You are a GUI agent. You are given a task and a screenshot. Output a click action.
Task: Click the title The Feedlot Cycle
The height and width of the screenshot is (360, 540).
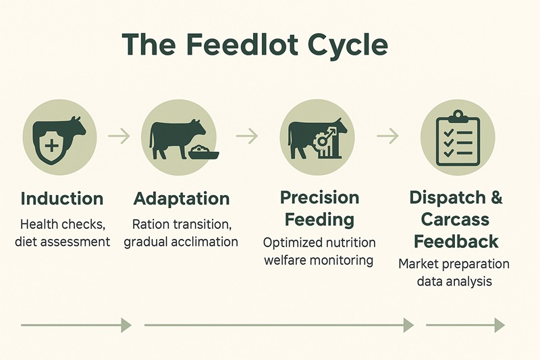[x=255, y=45]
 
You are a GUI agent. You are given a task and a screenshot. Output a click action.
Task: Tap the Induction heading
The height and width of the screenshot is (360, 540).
[x=62, y=199]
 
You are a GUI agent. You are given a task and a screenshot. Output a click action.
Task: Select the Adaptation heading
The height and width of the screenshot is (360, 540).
[x=182, y=199]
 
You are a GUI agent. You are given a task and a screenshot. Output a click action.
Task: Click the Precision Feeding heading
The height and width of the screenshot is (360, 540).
[x=319, y=208]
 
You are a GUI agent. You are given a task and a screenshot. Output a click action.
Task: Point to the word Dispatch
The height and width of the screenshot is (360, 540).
[x=448, y=199]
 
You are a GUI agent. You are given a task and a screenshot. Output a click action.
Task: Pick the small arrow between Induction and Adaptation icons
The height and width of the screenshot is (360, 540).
[x=119, y=136]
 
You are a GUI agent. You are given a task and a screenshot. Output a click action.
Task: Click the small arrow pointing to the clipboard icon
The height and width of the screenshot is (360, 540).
[x=387, y=136]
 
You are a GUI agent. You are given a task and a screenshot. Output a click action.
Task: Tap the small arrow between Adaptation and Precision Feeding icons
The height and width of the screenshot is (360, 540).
[x=247, y=136]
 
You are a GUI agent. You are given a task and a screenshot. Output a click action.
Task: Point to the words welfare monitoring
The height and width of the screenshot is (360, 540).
[x=319, y=261]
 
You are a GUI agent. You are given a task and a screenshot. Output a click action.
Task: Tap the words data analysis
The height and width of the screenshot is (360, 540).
[x=454, y=281]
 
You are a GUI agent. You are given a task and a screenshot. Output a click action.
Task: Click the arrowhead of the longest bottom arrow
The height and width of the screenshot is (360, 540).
[x=408, y=326]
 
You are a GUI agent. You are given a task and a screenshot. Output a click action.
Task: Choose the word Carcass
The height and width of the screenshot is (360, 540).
[x=456, y=220]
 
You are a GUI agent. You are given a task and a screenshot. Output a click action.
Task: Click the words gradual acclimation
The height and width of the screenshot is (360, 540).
[x=181, y=242]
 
